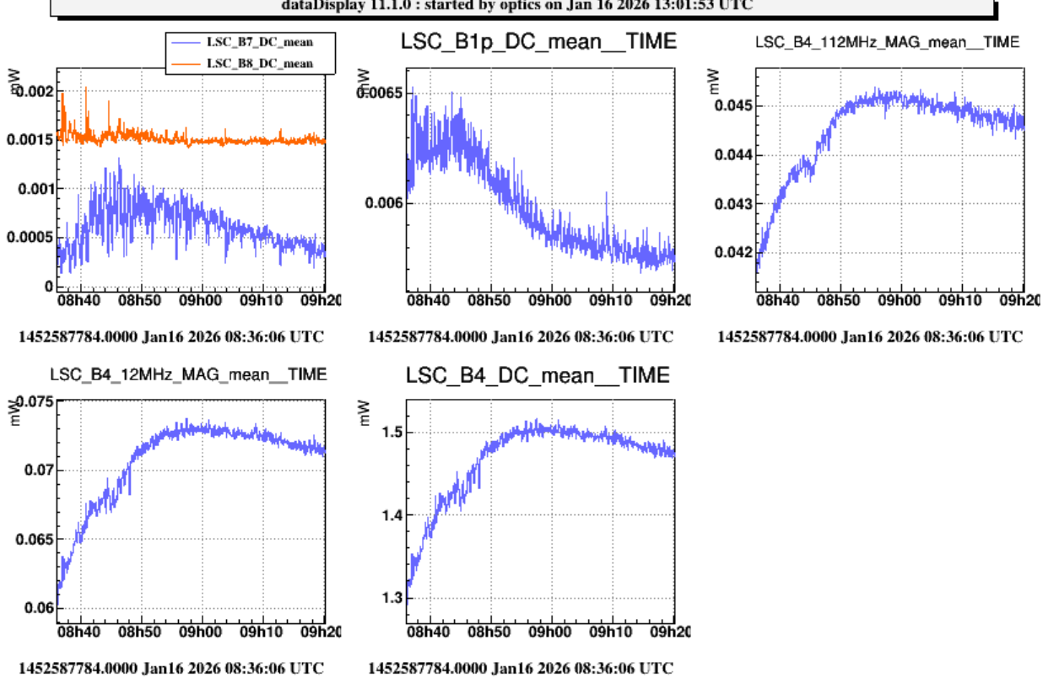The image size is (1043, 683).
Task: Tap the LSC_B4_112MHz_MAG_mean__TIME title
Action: click(887, 41)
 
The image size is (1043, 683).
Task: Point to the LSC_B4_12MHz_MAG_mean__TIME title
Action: click(188, 374)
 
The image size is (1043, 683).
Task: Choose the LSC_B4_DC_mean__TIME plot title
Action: click(538, 375)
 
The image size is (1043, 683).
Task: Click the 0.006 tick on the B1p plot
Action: click(382, 203)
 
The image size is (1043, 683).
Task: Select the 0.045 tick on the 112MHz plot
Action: click(732, 105)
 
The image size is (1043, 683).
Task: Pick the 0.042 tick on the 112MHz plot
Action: click(732, 252)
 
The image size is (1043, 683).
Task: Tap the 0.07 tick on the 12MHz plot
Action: click(36, 470)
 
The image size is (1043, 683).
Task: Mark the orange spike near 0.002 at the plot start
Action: click(62, 94)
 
